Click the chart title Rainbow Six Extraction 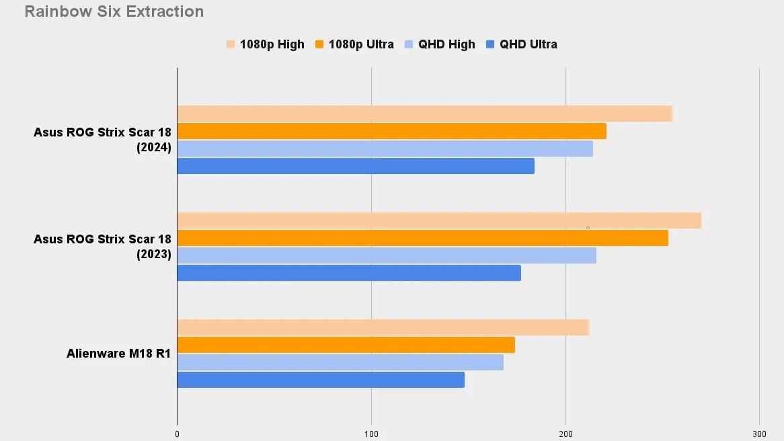[114, 11]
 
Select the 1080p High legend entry [266, 44]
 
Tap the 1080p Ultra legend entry [355, 44]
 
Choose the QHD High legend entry [440, 44]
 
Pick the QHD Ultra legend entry [522, 44]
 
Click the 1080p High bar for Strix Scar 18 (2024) [424, 114]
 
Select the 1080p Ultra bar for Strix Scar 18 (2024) [391, 131]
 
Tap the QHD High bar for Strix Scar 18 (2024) [385, 149]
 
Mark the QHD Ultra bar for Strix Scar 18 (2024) [355, 166]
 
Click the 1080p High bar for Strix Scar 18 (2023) [438, 220]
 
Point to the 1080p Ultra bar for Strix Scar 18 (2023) [422, 238]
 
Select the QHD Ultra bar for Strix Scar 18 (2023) [348, 273]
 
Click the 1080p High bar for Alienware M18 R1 [383, 327]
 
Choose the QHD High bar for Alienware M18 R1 [340, 362]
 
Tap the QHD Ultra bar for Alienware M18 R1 [320, 380]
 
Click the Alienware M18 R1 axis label [118, 354]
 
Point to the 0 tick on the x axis [177, 434]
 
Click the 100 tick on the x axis [371, 434]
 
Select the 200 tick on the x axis [565, 434]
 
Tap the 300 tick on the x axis [759, 434]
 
